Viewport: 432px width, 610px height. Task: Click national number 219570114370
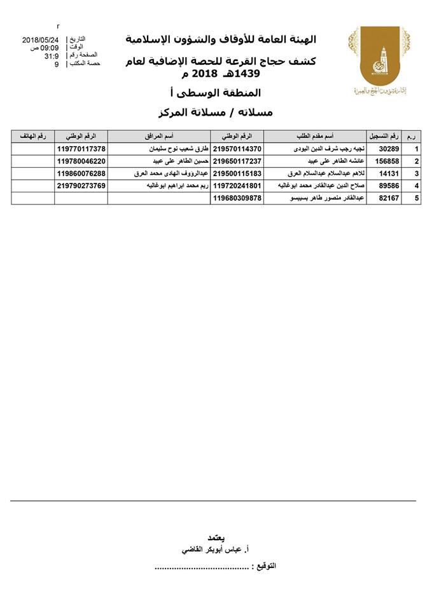point(237,149)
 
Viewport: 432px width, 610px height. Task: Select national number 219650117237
point(237,161)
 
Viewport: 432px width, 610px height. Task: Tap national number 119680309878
point(237,198)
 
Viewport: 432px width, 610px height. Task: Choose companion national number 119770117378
point(81,149)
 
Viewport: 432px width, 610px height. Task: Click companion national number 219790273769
point(81,186)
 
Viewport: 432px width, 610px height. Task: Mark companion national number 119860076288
point(81,173)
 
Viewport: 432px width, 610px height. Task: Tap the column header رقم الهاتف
point(32,137)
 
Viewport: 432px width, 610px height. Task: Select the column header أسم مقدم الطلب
point(316,137)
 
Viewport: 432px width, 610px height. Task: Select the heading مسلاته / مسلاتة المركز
point(214,112)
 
